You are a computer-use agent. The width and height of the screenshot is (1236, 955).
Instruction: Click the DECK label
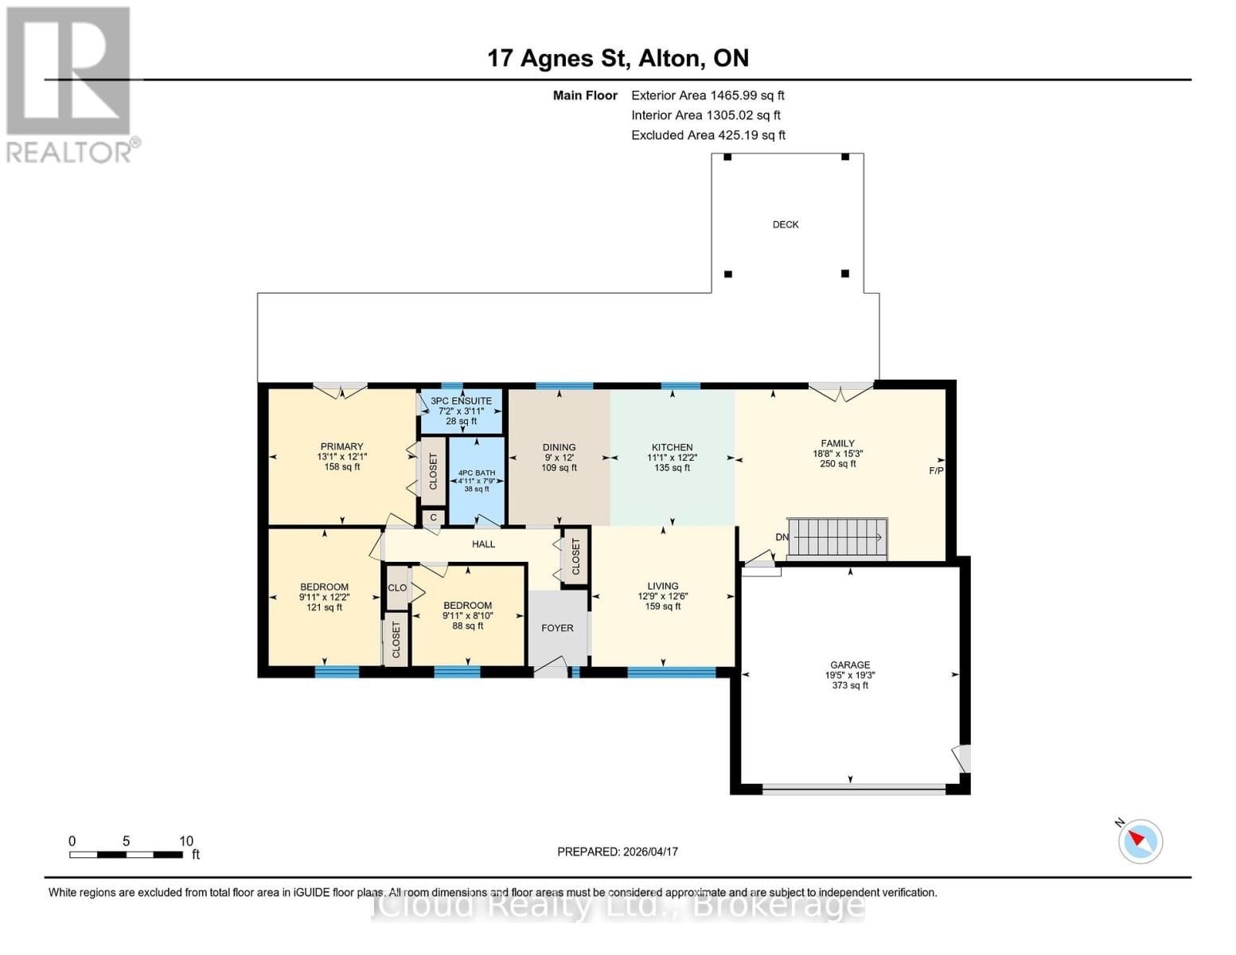point(785,224)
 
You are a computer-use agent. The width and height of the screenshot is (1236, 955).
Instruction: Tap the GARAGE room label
point(849,665)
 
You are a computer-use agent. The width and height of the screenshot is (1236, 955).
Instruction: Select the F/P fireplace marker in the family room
point(936,471)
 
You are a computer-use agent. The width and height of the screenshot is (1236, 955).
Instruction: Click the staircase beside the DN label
point(837,537)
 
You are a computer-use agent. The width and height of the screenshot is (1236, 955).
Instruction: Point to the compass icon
point(1140,840)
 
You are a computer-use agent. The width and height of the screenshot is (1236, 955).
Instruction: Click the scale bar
point(126,855)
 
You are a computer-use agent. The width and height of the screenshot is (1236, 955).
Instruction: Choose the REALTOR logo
point(70,84)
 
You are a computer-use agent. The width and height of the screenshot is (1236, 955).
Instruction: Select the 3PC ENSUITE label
point(461,401)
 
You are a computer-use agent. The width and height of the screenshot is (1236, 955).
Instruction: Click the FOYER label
point(557,628)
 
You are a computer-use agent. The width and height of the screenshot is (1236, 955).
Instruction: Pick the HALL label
point(483,544)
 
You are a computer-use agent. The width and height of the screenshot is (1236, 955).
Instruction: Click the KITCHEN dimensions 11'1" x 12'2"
point(672,458)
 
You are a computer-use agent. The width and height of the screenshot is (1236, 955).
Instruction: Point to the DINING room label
point(559,447)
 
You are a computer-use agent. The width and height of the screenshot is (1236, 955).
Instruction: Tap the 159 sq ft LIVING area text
point(662,606)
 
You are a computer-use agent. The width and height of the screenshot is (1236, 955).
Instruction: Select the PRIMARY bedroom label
point(341,446)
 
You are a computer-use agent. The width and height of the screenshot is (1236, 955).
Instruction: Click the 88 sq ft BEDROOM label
point(467,626)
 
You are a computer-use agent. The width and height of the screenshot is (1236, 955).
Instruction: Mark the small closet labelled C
point(433,517)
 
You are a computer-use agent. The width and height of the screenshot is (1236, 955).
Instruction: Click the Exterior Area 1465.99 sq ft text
point(708,95)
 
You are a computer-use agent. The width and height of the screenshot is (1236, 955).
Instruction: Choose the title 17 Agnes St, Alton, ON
point(618,58)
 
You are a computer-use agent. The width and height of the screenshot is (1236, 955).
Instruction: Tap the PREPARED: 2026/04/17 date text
point(617,852)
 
